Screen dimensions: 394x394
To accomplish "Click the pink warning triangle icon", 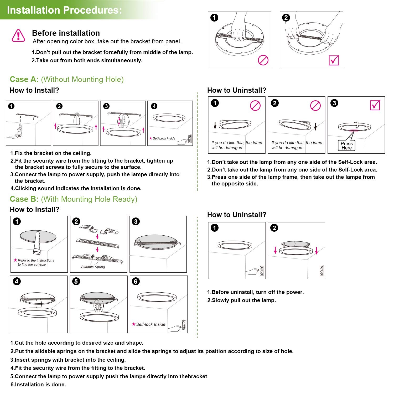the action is pos(18,36).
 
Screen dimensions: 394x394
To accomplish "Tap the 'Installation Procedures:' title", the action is pos(64,10).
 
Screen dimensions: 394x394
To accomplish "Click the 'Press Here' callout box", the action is pos(346,146).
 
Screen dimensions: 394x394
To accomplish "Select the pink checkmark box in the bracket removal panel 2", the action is pos(334,60).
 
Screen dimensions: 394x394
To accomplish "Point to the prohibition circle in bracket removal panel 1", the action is pos(263,60).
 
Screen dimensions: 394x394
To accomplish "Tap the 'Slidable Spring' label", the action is pos(93,267).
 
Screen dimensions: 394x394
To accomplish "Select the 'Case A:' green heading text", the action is pos(24,79).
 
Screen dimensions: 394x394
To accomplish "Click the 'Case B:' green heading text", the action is pos(24,199).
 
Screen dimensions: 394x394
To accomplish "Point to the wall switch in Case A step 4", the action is pos(190,139).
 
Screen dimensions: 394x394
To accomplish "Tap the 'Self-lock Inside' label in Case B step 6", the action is pos(151,324).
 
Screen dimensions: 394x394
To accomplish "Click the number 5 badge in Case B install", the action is pos(76,281).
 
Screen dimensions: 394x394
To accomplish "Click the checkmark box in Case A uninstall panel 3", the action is pos(375,105).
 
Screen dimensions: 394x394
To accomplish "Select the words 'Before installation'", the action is pos(66,33).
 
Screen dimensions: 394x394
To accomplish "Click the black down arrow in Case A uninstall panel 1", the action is pos(215,126).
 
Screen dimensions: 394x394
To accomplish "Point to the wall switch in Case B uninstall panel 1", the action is pos(262,271).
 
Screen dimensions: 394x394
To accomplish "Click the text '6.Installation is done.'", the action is pos(38,385).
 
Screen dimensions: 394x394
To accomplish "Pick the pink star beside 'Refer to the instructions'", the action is pos(15,260).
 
